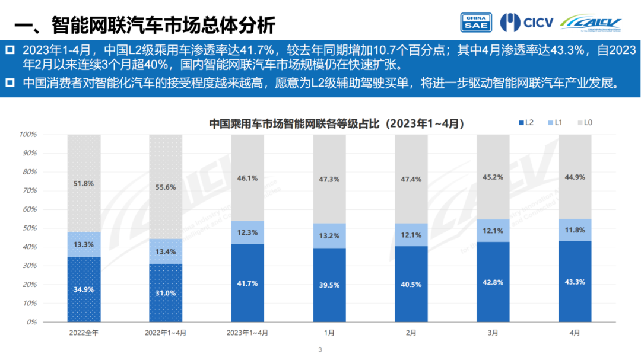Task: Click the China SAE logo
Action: (x=476, y=23)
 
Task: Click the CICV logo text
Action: (x=538, y=23)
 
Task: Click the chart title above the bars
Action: (x=337, y=123)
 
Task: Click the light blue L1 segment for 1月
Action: (x=329, y=236)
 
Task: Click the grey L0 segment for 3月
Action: (x=493, y=176)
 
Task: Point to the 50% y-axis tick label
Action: (x=29, y=228)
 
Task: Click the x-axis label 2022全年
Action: (x=84, y=333)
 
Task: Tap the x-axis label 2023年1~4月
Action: (x=247, y=333)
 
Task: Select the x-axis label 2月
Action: (x=411, y=333)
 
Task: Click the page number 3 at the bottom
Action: (x=320, y=350)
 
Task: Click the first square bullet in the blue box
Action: (x=10, y=50)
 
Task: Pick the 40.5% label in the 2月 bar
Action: (x=411, y=285)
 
